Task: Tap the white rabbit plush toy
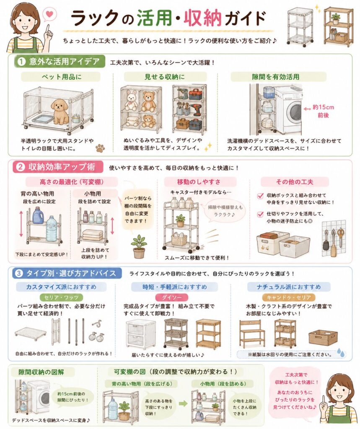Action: point(131,101)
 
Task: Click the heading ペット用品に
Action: point(61,77)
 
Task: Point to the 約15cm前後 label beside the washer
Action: point(323,111)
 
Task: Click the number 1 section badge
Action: point(21,62)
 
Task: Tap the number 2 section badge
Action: point(21,167)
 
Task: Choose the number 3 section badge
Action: point(18,273)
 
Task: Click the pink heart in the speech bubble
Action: point(49,14)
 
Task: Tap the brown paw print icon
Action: point(100,148)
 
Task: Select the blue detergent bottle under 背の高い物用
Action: point(39,215)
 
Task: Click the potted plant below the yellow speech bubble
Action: point(139,246)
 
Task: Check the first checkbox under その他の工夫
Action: point(260,196)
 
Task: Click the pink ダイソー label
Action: point(172,297)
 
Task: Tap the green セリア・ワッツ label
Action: point(62,297)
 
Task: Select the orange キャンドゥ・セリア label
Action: point(289,297)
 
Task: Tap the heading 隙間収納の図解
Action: point(41,372)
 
